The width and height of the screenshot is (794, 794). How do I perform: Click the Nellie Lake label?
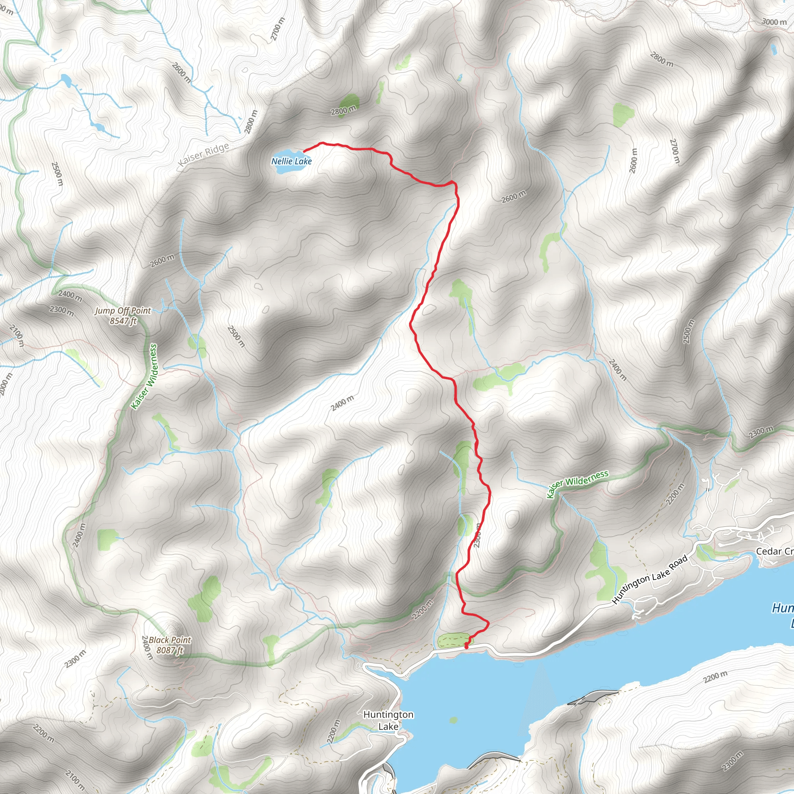(x=292, y=161)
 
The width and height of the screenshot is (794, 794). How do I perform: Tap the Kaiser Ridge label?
(x=204, y=155)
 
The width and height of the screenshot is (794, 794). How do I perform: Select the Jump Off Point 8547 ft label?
(x=123, y=316)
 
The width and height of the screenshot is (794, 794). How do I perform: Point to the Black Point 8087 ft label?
(x=170, y=645)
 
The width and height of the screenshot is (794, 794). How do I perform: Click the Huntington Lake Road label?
(x=650, y=580)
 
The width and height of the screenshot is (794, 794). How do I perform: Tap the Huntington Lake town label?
(x=388, y=720)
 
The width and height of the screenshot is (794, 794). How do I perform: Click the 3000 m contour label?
(x=774, y=22)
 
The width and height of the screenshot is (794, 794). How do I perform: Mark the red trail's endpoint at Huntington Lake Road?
(x=466, y=647)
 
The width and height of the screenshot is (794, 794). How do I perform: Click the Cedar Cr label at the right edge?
(x=774, y=552)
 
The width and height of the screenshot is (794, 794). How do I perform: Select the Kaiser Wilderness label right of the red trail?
(x=577, y=484)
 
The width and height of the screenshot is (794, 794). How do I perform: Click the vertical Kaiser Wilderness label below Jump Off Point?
(x=144, y=376)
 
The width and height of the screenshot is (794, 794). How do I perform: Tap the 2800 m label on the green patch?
(x=343, y=110)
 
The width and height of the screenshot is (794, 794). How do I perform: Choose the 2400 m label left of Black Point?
(x=147, y=648)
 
